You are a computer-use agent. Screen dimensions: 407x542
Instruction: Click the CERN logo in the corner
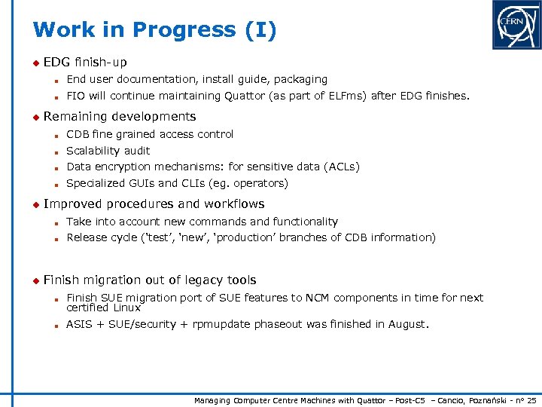click(x=516, y=25)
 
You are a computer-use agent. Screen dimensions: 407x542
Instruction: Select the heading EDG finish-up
click(x=85, y=62)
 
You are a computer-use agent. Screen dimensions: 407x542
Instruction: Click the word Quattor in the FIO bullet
click(x=245, y=96)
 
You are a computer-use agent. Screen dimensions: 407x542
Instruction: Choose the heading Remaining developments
click(x=120, y=116)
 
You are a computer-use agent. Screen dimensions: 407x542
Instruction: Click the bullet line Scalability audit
click(x=108, y=151)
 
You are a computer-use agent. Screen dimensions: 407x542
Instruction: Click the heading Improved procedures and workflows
click(x=154, y=203)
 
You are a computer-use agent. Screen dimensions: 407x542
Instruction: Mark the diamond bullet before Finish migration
click(x=35, y=280)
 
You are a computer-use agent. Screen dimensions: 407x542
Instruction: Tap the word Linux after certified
click(x=127, y=308)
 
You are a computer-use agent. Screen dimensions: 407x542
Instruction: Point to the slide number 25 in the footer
click(x=531, y=399)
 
